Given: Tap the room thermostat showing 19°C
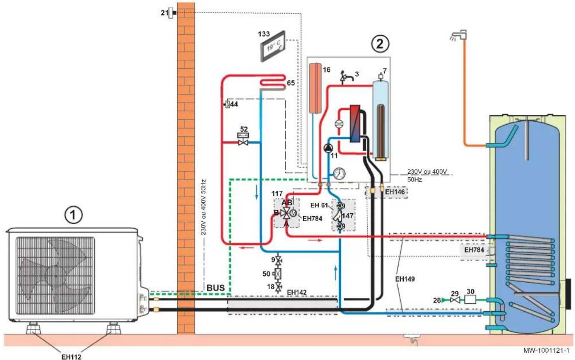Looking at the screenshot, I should [272, 46].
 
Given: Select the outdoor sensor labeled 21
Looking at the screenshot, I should [172, 13].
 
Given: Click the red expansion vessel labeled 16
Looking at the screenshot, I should [317, 87].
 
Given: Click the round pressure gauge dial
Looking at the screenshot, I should [340, 173].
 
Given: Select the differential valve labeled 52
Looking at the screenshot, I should [244, 140].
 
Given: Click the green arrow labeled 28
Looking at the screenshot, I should [447, 300].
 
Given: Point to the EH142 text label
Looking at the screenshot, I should [298, 292].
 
